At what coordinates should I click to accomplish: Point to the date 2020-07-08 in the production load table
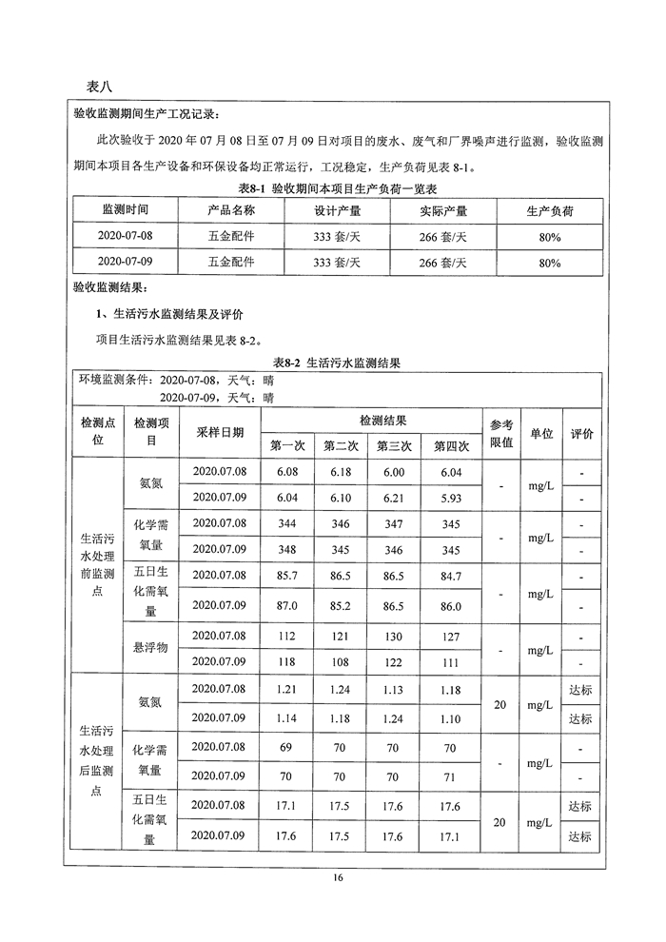(125, 234)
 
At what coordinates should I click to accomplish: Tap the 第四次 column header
(452, 444)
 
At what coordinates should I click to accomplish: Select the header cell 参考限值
(501, 432)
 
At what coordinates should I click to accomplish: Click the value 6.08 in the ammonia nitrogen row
(286, 472)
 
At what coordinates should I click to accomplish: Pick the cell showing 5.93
(452, 498)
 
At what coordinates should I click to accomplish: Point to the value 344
(286, 524)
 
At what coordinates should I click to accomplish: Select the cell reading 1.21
(286, 689)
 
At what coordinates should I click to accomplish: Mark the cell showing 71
(452, 777)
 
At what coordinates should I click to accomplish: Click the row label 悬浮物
(150, 648)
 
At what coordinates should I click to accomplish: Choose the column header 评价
(581, 432)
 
